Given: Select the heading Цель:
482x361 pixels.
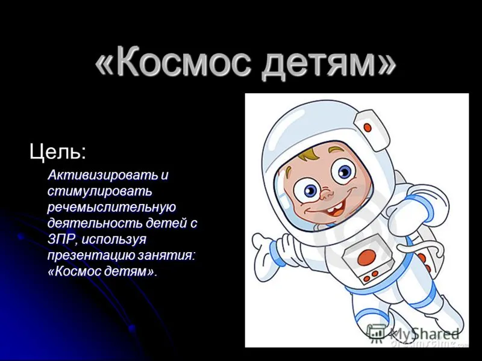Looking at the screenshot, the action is click(x=57, y=152).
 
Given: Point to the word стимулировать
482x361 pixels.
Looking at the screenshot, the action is click(x=100, y=191).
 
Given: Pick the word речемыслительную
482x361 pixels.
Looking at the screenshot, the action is click(x=112, y=208).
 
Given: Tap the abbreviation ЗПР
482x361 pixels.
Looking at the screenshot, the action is click(x=63, y=239).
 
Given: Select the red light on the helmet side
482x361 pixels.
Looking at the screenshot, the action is click(x=367, y=127).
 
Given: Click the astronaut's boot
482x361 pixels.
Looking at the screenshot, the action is click(x=446, y=313).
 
